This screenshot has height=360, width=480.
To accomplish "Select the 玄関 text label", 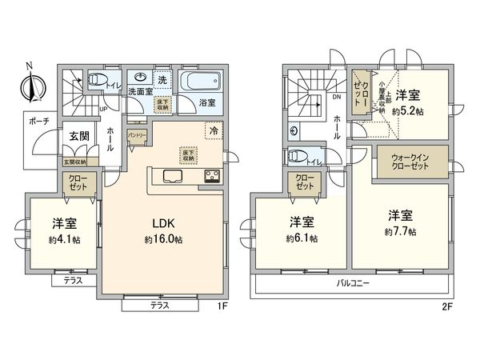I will (x=77, y=136).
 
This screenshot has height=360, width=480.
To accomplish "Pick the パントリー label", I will (x=137, y=137).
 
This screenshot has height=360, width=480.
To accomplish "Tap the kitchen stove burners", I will (x=213, y=177).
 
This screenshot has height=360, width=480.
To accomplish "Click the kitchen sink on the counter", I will (x=174, y=176).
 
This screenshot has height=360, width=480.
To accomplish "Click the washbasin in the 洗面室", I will (x=142, y=78).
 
